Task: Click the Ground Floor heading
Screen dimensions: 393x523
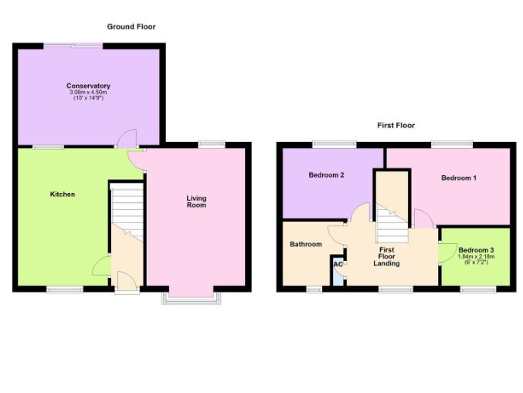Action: pos(131,27)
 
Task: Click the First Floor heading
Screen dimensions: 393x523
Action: pos(396,125)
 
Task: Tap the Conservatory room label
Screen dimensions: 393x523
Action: pos(88,86)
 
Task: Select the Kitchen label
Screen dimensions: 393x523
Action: pos(63,194)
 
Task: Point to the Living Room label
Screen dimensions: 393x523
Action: pos(196,202)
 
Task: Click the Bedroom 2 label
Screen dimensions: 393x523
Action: pos(326,175)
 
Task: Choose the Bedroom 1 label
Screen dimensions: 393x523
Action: pos(458,178)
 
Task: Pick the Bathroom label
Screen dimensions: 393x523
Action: pos(305,244)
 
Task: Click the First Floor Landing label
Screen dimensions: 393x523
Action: pos(386,257)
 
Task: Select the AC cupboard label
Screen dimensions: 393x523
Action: pos(338,265)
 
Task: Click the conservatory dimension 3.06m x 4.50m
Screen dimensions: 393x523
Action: pos(88,93)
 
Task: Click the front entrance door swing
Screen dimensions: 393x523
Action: pos(126,280)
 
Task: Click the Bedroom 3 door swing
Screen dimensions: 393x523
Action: pos(446,252)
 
